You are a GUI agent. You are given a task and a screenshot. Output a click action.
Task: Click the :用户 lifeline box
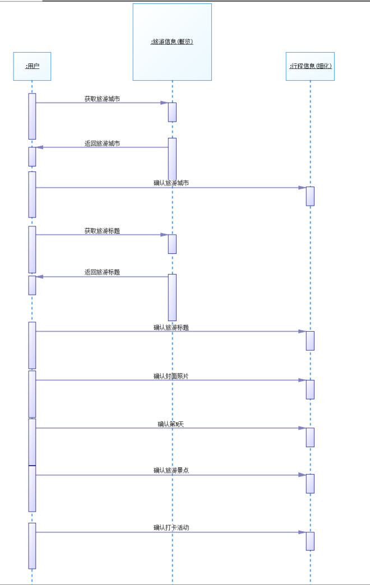32,66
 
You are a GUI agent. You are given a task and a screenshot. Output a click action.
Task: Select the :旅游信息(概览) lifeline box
172,42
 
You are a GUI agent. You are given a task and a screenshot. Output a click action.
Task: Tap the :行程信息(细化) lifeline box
310,66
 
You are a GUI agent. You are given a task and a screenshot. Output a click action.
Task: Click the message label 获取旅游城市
102,99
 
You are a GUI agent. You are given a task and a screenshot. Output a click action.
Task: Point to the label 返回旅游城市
102,143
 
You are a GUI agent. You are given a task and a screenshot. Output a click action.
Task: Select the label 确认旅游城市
171,183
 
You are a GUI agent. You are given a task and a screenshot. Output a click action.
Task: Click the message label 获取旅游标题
102,230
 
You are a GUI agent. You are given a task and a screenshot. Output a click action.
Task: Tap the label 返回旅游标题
102,272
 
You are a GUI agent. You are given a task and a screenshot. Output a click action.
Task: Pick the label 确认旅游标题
171,327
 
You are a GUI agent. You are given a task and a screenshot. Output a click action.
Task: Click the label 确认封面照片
171,376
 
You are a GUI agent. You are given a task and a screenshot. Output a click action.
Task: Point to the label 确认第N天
171,424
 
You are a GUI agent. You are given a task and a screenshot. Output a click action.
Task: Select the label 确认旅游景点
171,471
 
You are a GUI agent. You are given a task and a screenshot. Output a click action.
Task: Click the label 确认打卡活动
171,528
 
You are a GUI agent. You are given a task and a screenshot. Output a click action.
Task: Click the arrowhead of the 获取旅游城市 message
164,103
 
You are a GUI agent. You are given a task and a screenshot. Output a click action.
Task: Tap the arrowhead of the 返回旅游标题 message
40,277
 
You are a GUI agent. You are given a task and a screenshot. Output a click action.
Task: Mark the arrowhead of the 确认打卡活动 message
302,532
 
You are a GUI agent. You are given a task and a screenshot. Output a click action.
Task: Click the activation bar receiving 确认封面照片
310,389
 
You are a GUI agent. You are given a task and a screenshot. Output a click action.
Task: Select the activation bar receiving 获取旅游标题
172,244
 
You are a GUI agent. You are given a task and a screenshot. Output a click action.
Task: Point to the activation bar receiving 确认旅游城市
310,196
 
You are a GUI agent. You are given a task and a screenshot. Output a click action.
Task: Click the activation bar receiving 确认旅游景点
310,484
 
